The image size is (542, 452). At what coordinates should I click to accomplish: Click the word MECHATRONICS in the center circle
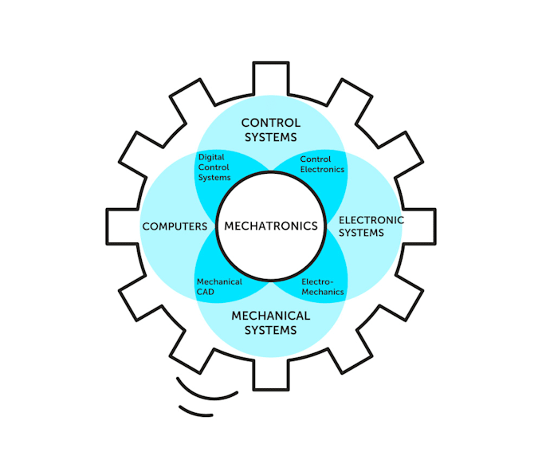click(271, 226)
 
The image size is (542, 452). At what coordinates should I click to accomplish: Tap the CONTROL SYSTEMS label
click(271, 130)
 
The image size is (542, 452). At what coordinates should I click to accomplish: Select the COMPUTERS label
click(175, 226)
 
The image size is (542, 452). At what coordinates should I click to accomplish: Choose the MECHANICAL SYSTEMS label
click(271, 323)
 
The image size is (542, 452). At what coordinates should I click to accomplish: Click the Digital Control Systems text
click(214, 167)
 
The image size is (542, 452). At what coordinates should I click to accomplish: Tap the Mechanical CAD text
click(218, 287)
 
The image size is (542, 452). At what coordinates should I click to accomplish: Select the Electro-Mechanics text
click(323, 287)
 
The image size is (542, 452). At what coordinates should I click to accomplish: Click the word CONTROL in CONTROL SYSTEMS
click(271, 123)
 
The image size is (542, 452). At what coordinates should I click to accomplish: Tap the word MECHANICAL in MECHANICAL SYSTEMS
click(271, 316)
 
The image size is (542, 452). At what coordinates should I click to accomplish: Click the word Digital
click(211, 158)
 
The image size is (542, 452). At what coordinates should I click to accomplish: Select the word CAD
click(206, 292)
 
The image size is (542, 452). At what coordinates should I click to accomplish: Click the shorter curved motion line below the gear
click(196, 412)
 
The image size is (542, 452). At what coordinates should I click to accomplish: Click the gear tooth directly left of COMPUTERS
click(120, 226)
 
